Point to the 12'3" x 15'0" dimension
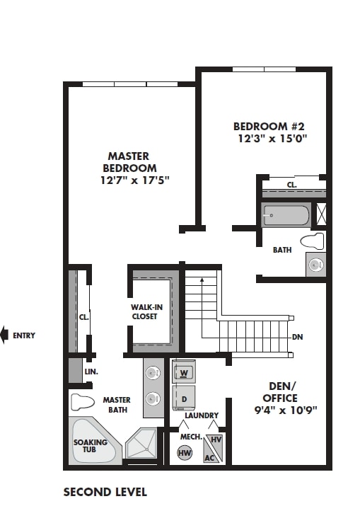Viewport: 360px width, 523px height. click(272, 139)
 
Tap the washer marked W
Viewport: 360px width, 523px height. click(183, 372)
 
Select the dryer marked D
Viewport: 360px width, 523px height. click(183, 398)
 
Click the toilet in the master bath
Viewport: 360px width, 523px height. click(82, 403)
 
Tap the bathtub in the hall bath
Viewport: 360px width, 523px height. click(285, 214)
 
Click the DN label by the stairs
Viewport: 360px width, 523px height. click(297, 337)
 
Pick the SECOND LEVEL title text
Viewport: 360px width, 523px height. click(105, 492)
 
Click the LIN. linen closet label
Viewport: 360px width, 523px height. click(91, 372)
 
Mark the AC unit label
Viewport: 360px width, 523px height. click(209, 457)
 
